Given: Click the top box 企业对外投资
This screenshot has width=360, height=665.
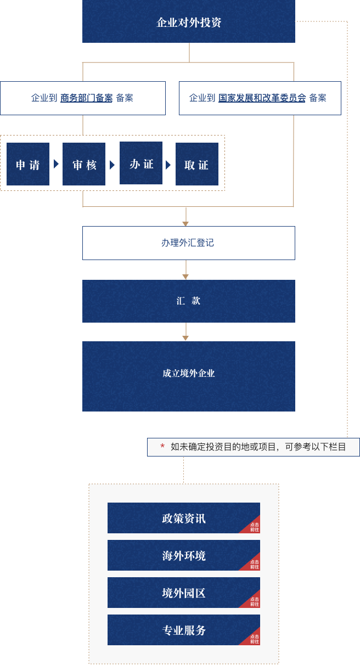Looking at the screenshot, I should [188, 22].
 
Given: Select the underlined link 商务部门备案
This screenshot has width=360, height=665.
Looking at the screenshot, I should [86, 98].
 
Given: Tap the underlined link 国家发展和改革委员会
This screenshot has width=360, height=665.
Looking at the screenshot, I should [262, 98].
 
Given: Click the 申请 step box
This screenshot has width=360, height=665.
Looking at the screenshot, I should [28, 164].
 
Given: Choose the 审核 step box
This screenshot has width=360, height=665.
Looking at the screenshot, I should [84, 164].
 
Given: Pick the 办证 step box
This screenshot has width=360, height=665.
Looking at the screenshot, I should [141, 163].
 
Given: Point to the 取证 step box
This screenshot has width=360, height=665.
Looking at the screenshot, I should [197, 164].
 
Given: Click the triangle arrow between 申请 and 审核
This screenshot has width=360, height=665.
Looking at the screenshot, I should [56, 164].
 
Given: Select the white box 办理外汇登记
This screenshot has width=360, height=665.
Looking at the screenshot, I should [188, 243].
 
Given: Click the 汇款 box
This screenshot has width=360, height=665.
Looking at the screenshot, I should [188, 301].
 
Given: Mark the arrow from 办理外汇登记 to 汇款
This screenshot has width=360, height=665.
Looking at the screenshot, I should [186, 269].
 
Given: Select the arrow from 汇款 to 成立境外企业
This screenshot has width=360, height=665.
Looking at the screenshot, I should [186, 332].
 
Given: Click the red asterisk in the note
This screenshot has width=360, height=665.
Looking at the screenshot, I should [162, 447].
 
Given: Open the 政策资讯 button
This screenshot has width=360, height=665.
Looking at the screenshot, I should [183, 518].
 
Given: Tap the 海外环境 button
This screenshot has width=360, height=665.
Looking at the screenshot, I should [183, 555].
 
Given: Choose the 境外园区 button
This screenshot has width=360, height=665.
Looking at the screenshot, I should [183, 593].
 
